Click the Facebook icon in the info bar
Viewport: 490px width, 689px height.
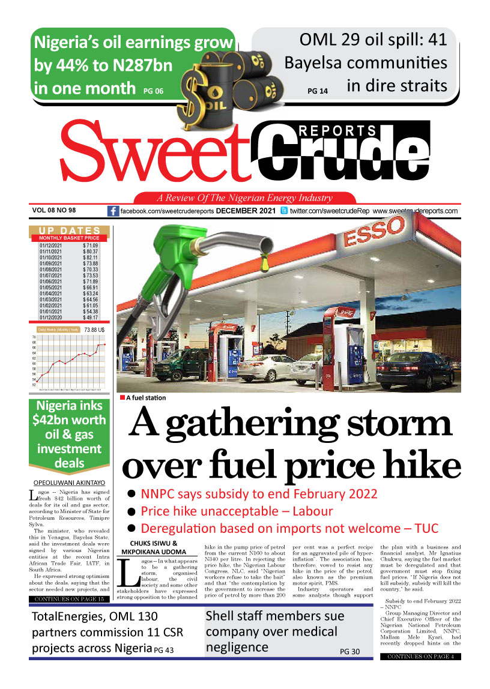click(x=113, y=211)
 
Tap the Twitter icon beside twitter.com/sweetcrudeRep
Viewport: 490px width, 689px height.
click(x=284, y=211)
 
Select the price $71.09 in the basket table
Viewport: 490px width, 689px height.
click(x=90, y=246)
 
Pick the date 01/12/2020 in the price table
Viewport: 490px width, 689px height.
click(x=51, y=318)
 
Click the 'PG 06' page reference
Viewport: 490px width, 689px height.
click(x=153, y=91)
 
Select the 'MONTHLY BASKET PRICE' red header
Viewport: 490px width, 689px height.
click(x=68, y=238)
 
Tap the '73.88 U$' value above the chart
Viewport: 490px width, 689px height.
click(x=95, y=329)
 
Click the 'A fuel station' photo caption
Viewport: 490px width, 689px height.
click(x=146, y=398)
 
